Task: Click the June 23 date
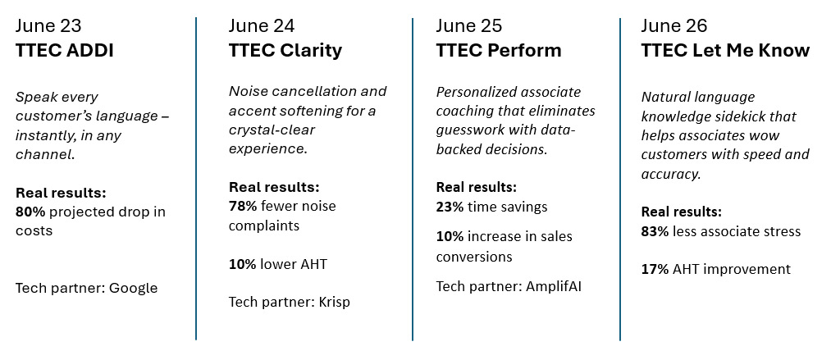(x=48, y=25)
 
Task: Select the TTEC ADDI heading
(x=65, y=50)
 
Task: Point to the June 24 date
(x=262, y=25)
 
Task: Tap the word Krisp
(x=335, y=302)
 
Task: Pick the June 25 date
(x=469, y=25)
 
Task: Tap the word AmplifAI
(x=553, y=287)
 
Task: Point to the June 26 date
(x=674, y=25)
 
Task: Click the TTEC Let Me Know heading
(x=725, y=50)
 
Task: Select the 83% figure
(x=656, y=231)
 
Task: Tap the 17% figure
(x=656, y=269)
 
